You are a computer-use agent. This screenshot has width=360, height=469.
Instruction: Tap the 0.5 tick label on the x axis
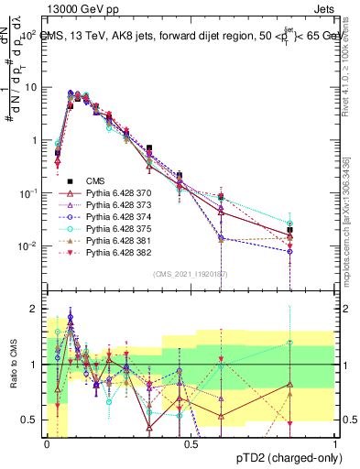[x=191, y=443]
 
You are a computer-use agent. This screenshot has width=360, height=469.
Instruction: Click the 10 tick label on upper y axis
[x=31, y=87]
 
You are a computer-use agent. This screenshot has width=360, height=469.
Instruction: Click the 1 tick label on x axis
[x=335, y=443]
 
